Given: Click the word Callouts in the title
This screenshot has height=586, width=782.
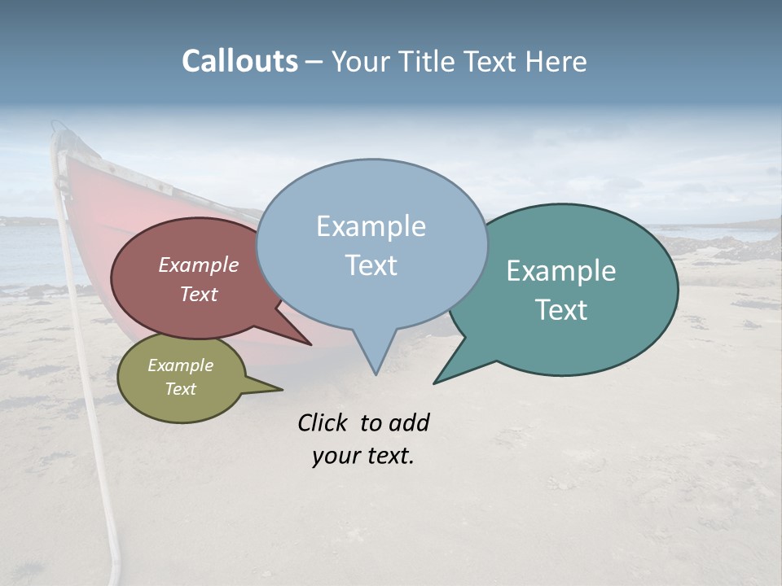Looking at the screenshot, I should click(x=239, y=62).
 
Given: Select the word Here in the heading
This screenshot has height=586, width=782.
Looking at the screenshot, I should click(x=556, y=62).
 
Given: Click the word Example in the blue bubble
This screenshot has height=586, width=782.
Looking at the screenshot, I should click(x=371, y=226).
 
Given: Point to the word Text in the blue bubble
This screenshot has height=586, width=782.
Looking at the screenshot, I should click(x=371, y=265).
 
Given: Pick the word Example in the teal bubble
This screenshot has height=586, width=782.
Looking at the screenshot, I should click(x=561, y=271).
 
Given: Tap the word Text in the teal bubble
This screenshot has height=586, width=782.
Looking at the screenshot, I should click(x=561, y=309).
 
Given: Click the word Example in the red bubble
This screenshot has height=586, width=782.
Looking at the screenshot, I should click(x=199, y=265).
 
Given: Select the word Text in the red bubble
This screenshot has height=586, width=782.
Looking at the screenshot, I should click(x=199, y=294).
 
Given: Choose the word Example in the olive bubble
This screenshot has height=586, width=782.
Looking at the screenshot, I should click(x=180, y=365).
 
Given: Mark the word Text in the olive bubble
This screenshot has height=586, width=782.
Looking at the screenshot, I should click(x=180, y=389).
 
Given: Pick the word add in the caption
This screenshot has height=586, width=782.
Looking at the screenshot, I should click(x=409, y=422).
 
